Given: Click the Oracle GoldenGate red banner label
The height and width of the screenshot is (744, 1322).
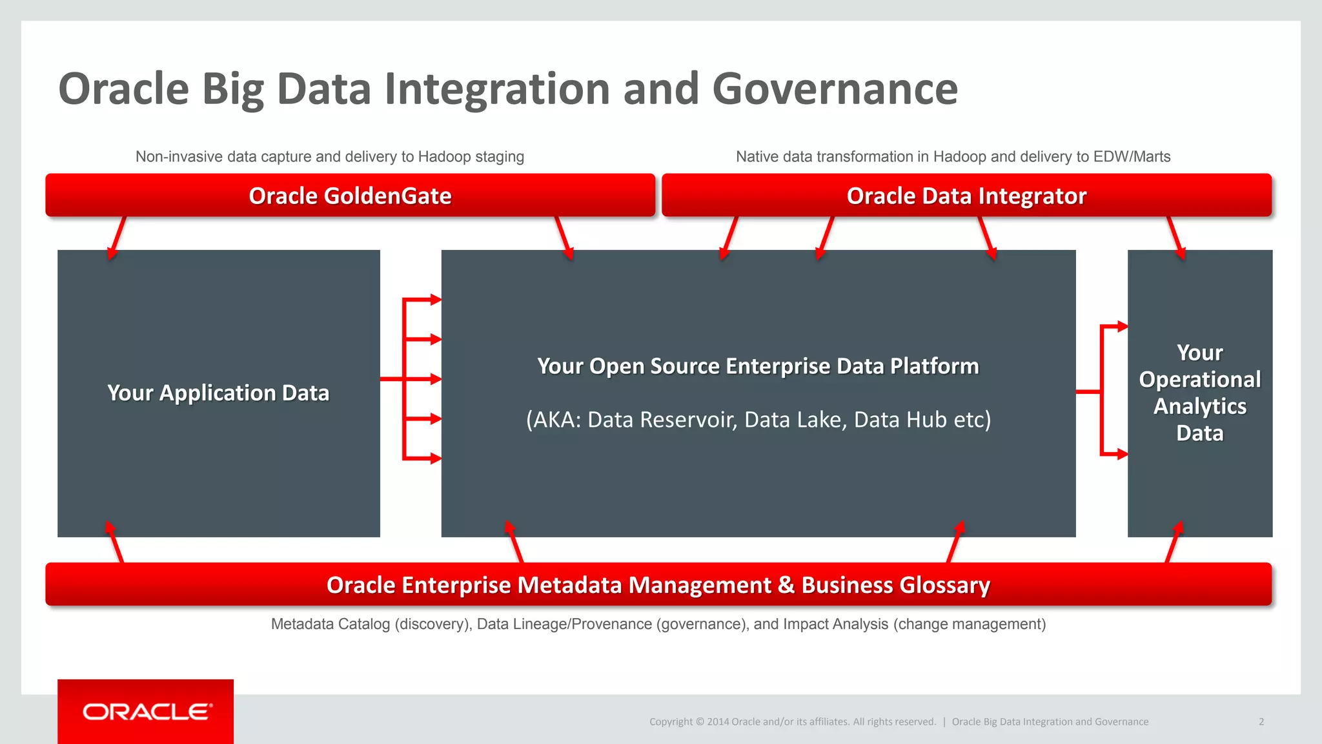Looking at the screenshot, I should point(350,196).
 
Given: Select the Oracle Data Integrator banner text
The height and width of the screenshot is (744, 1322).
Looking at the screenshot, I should point(966,196).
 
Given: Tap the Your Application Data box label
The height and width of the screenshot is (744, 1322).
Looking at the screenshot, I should point(218,393).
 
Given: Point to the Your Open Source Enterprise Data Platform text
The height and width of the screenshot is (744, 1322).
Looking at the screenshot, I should point(758,366).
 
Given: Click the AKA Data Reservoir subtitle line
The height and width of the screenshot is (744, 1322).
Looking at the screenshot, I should point(758,420).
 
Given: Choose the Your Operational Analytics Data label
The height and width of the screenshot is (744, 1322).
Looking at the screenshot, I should point(1199,393).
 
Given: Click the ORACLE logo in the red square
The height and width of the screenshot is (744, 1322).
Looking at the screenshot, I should point(147,712).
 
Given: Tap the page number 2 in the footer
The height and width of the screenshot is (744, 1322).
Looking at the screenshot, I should point(1261,721).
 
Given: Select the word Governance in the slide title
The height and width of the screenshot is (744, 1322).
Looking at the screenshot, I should point(835,88).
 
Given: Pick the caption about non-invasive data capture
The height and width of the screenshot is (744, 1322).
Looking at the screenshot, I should point(329,157).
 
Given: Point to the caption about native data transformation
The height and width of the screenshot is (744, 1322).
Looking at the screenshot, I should point(953,157).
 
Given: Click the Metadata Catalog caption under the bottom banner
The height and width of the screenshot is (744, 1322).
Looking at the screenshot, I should point(658,624).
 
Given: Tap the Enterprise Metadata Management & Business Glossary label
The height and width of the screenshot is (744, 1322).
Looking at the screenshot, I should point(658,585).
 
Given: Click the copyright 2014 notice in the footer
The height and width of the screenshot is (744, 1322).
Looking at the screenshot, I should point(792,721).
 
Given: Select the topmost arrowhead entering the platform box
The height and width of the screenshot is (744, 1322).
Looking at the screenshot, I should point(435,300).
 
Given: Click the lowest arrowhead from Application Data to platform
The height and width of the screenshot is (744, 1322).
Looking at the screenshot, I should point(435,459).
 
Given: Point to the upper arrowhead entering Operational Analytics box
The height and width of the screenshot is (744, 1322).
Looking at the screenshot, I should point(1122,327).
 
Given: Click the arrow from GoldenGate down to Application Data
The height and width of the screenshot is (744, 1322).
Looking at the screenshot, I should point(117,238).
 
